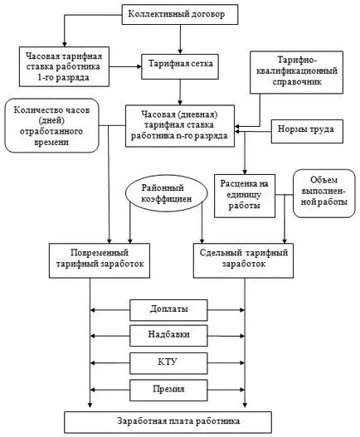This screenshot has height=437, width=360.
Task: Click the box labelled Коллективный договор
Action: pos(180,14)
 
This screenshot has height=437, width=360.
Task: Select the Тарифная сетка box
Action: pos(180,66)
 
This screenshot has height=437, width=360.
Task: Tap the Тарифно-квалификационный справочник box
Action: pos(296,72)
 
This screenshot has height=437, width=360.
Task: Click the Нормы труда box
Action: pos(307,132)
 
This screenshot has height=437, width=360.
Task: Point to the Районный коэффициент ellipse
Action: pos(167,193)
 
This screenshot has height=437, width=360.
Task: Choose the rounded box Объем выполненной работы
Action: pos(324,193)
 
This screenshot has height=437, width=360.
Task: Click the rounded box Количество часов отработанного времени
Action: pos(52,125)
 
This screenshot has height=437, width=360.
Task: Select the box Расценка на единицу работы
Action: pos(245,196)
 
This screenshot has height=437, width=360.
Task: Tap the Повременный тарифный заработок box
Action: pos(100,260)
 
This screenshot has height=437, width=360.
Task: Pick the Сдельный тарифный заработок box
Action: pos(243,260)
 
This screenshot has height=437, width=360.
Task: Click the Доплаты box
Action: pos(168,310)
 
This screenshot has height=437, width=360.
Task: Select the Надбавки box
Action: pos(168,336)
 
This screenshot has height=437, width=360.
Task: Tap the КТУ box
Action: pos(168,363)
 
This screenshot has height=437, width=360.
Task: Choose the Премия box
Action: pos(168,391)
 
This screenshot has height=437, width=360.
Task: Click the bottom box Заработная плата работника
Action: pos(168,422)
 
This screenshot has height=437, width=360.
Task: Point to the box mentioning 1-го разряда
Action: pos(64,66)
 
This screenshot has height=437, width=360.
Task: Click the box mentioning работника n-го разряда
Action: pos(180,126)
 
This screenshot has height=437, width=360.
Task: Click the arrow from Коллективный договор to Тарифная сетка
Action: pos(180,39)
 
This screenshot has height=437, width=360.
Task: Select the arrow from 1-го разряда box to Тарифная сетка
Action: pos(125,66)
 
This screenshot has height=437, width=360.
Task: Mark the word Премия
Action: pos(168,389)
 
